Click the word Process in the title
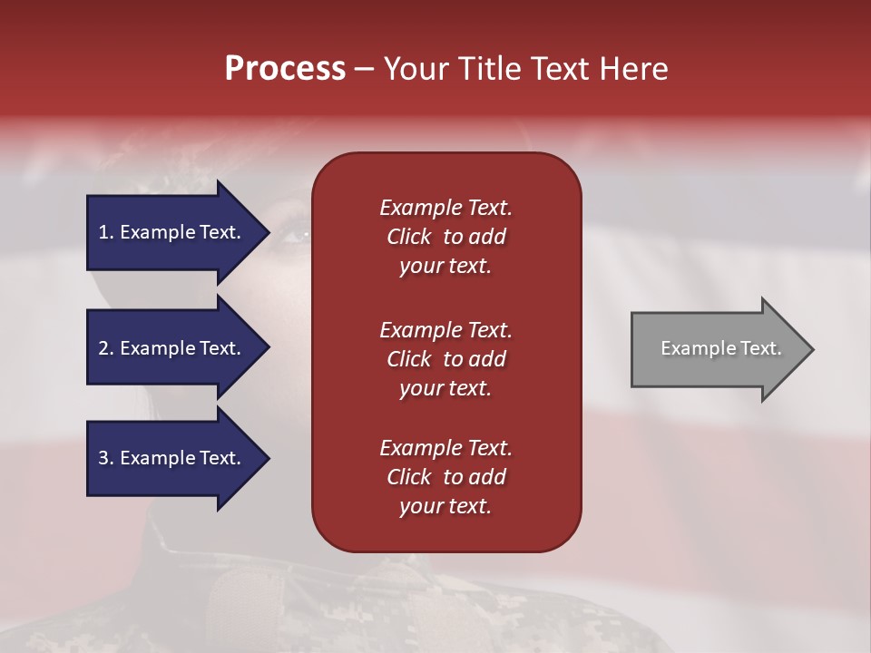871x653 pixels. point(285,69)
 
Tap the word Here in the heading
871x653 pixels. point(634,69)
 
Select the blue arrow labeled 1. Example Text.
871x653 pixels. point(172,232)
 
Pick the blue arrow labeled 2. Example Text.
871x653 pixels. point(172,348)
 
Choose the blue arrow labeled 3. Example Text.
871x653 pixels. point(172,458)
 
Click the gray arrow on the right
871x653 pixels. point(717,349)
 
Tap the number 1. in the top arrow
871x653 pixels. point(106,232)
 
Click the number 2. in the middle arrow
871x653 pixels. point(106,348)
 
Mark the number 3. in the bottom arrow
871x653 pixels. point(106,458)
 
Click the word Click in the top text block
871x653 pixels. point(409,237)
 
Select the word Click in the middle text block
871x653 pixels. point(409,359)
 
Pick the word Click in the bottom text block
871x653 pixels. point(409,477)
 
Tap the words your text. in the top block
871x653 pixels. point(445,267)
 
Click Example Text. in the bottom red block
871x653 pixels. point(445,448)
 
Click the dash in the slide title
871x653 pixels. point(364,69)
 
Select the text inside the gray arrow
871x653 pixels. point(720,348)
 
